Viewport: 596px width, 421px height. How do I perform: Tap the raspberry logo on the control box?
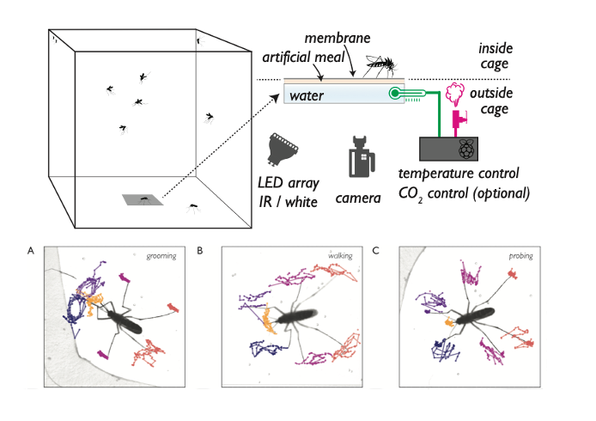pos(465,149)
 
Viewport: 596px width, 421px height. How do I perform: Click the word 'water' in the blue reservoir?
pos(307,96)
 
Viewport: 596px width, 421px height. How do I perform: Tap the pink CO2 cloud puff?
pos(456,91)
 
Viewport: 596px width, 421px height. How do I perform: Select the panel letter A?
pos(32,250)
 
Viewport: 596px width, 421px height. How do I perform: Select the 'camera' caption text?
pos(358,198)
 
